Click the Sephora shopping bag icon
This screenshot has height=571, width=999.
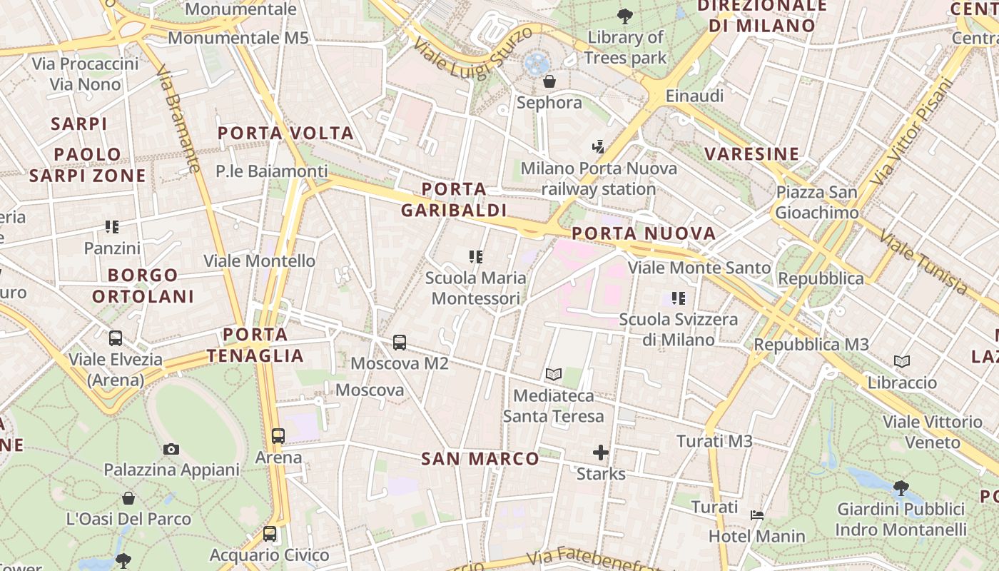549,81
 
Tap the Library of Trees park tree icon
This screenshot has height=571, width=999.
624,16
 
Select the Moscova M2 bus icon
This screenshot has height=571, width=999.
400,343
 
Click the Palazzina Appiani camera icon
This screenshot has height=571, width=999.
171,449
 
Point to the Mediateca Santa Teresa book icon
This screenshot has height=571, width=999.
554,374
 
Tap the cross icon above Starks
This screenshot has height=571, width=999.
601,453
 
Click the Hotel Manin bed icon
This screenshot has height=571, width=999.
757,515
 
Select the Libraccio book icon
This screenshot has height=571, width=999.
902,362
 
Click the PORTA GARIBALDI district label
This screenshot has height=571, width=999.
454,200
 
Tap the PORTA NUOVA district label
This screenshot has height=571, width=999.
644,233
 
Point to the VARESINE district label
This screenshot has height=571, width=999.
752,154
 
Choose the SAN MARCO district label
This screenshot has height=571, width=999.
480,459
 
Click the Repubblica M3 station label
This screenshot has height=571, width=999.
811,345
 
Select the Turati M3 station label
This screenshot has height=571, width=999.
714,441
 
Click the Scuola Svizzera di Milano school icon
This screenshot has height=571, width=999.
678,298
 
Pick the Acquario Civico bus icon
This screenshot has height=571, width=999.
270,534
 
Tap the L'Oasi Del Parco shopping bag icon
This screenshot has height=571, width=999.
128,497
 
